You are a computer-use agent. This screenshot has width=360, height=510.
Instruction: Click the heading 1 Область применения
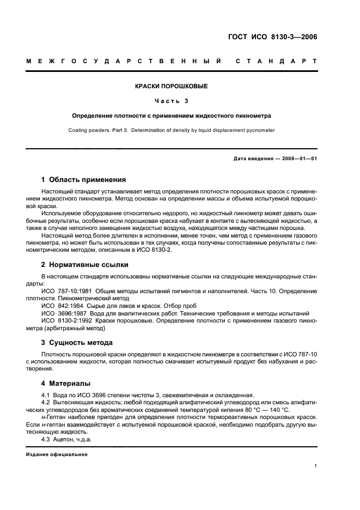point(84,179)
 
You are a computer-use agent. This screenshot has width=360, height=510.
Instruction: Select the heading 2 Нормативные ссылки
point(85,265)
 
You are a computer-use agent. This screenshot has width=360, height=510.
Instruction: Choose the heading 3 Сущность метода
point(77,343)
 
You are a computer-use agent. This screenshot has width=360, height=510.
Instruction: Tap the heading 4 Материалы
point(66,383)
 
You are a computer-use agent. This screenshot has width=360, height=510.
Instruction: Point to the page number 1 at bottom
point(316,466)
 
